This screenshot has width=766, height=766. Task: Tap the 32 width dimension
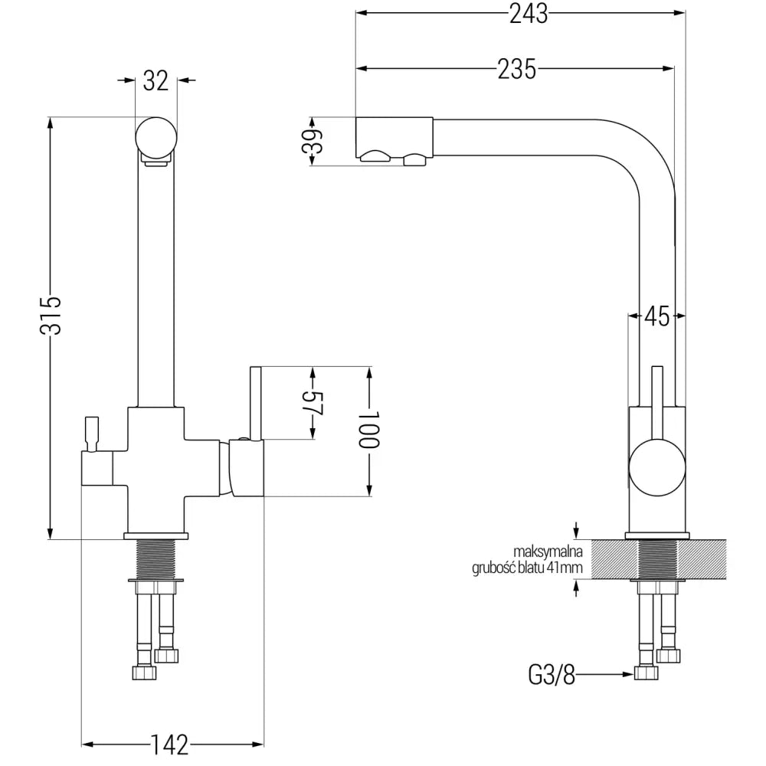(x=156, y=80)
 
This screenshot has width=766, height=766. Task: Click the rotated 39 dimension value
(x=312, y=142)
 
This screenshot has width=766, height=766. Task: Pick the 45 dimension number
(x=656, y=315)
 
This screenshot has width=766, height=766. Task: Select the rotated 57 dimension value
(x=313, y=404)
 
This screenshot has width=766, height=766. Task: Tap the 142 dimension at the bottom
(x=170, y=744)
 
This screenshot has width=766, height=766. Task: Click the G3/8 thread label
(x=551, y=674)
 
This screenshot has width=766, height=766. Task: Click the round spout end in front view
(x=156, y=137)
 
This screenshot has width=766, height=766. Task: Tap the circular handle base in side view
(x=656, y=466)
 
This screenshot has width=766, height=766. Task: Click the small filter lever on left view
(x=92, y=433)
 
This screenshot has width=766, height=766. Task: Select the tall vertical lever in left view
(x=256, y=402)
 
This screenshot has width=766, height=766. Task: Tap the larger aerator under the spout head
(x=375, y=158)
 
